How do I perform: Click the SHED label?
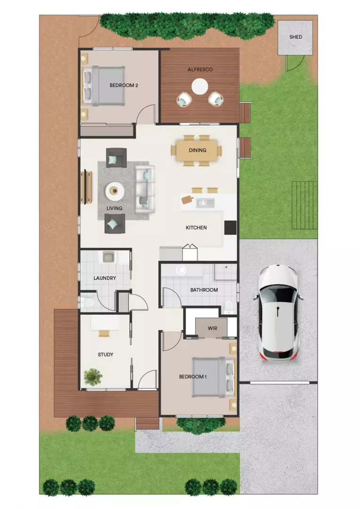(x=295, y=37)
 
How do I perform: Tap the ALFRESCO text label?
(x=200, y=69)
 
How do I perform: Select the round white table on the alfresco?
(x=200, y=86)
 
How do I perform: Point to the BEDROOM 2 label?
(x=123, y=85)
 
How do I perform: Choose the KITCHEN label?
(x=196, y=228)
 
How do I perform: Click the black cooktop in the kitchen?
(x=230, y=228)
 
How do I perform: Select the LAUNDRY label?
(x=105, y=278)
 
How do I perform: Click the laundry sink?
(x=107, y=257)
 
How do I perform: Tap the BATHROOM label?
(x=204, y=290)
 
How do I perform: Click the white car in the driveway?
(x=278, y=313)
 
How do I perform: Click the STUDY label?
(x=106, y=354)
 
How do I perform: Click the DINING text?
(x=197, y=151)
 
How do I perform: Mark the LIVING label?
(x=115, y=208)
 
